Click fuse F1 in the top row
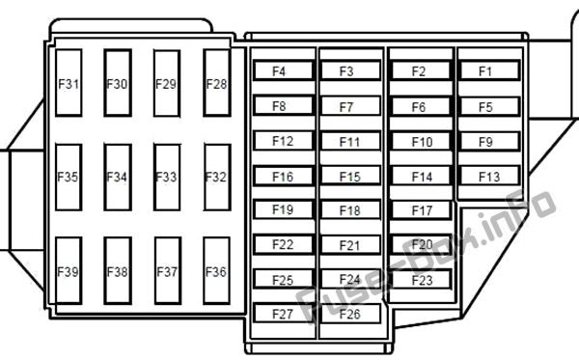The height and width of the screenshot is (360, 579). point(489,70)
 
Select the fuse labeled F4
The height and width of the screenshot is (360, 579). point(283,70)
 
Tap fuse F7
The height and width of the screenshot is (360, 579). point(350,106)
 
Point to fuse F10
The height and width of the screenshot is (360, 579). point(422,141)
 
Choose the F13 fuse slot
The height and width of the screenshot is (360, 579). point(489,176)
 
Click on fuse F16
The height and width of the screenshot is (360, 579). point(283,176)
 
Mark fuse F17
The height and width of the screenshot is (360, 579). point(422,210)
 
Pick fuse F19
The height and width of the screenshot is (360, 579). point(283,209)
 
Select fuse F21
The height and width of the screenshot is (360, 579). point(350,244)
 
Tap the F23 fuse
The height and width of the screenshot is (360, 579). point(422,279)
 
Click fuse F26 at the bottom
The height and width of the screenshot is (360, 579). point(350,314)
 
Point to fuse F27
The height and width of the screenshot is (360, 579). point(283,314)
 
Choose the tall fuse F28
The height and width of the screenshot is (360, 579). point(217,83)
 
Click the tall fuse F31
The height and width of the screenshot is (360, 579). point(69,83)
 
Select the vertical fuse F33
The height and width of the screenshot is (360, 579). point(167,178)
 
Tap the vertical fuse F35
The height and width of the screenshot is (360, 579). point(69,178)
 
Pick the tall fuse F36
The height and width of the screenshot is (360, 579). point(217,270)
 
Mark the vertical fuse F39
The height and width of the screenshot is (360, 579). point(69,270)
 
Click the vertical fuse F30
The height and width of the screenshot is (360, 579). point(118,83)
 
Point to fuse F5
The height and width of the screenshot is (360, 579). point(489,106)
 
